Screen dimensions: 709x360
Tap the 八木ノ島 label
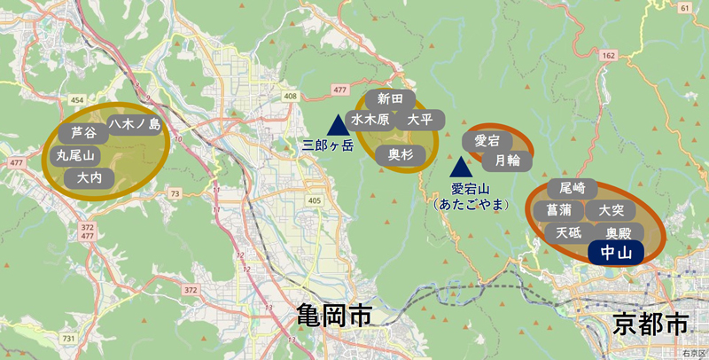(135, 125)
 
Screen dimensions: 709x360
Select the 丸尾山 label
(74, 155)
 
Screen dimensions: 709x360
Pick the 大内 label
(90, 177)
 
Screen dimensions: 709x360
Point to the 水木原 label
(370, 120)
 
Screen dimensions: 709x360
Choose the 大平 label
(419, 120)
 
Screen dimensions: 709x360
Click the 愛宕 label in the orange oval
(487, 141)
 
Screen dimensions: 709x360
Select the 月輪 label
(507, 160)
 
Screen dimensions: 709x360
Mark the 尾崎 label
(566, 188)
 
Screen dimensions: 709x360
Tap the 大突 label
(612, 211)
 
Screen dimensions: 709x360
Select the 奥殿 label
(618, 233)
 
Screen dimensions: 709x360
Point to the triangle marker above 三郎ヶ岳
(337, 126)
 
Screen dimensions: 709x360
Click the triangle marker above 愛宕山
(460, 168)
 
